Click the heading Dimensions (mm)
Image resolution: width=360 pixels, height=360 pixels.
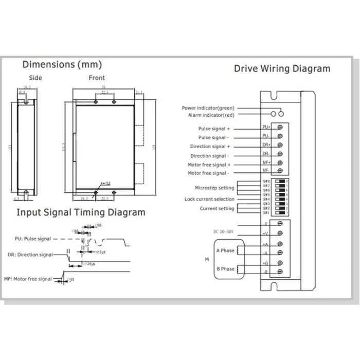click(62, 64)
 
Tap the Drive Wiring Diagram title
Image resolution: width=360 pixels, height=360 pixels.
click(282, 68)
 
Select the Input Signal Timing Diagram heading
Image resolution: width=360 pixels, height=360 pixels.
click(81, 212)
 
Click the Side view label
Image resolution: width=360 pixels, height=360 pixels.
click(35, 78)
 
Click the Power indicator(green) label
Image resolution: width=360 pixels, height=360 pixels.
click(208, 108)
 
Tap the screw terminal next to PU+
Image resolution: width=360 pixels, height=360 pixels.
click(280, 127)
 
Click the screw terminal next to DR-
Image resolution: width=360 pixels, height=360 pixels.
click(280, 153)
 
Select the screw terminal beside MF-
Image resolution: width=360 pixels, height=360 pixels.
click(280, 171)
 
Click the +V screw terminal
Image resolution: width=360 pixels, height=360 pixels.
click(280, 234)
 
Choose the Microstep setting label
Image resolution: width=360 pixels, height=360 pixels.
click(214, 188)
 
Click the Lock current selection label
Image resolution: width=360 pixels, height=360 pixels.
click(209, 199)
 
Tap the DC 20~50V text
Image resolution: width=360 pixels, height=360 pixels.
click(223, 232)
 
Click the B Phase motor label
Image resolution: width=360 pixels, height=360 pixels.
click(225, 268)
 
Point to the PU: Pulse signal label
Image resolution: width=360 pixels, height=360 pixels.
click(32, 239)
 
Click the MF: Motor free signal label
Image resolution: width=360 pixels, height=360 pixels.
click(28, 279)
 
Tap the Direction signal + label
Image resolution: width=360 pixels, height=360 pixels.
click(210, 147)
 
